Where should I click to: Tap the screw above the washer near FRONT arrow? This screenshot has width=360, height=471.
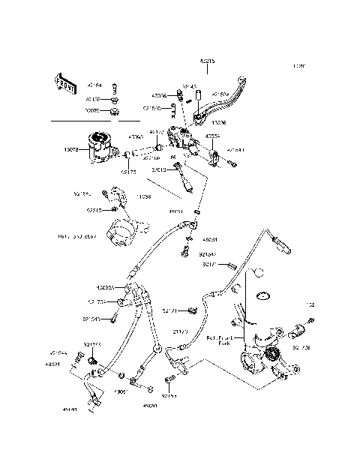[115, 87]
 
